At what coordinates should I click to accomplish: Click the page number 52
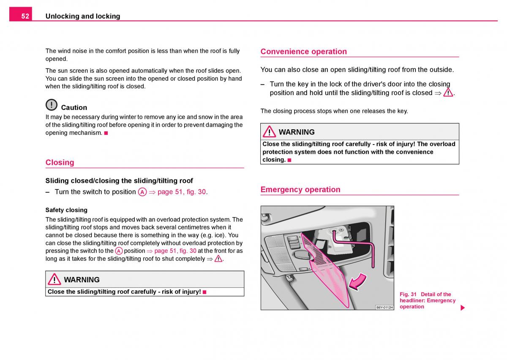coord(25,16)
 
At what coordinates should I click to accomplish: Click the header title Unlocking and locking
coord(83,16)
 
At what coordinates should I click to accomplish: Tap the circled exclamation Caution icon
coord(52,105)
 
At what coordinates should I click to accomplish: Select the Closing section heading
coord(60,162)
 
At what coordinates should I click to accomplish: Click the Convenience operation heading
coord(303,52)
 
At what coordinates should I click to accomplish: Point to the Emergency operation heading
coord(300,189)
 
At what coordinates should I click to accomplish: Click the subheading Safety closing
coord(66,210)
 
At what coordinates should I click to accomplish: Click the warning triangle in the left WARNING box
coord(55,279)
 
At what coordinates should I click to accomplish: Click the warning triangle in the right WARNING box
coord(269,132)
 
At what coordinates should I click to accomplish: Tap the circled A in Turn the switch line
coord(142,192)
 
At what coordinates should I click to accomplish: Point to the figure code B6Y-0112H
coord(384,307)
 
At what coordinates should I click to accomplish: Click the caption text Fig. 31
coord(408,295)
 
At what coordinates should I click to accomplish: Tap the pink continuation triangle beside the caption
coord(463,308)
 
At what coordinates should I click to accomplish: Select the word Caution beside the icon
coord(74,107)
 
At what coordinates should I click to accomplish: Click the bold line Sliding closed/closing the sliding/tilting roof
coord(119,180)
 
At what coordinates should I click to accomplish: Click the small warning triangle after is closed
coord(448,93)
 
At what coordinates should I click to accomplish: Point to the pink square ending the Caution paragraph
coord(106,133)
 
